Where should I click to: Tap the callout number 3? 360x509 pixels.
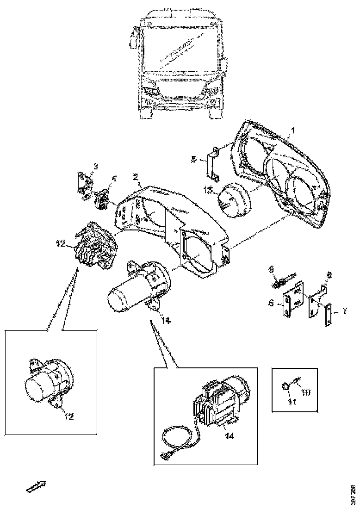tap(95, 166)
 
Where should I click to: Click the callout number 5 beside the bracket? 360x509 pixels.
tap(194, 159)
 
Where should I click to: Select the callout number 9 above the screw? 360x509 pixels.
tap(272, 268)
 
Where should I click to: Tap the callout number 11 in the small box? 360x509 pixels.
tap(292, 402)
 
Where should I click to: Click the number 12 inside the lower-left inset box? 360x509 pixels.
tap(68, 416)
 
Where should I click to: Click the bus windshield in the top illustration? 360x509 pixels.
tap(179, 49)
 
